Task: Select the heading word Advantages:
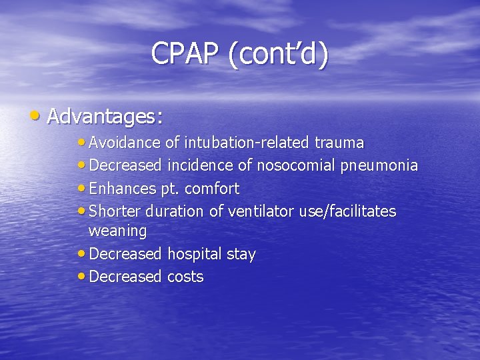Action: tap(105, 117)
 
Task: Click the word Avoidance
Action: tap(124, 143)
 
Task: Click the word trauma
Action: tap(339, 143)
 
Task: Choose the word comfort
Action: tap(211, 189)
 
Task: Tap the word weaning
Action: tap(117, 231)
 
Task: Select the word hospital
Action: tap(194, 254)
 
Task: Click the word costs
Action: tap(185, 277)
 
